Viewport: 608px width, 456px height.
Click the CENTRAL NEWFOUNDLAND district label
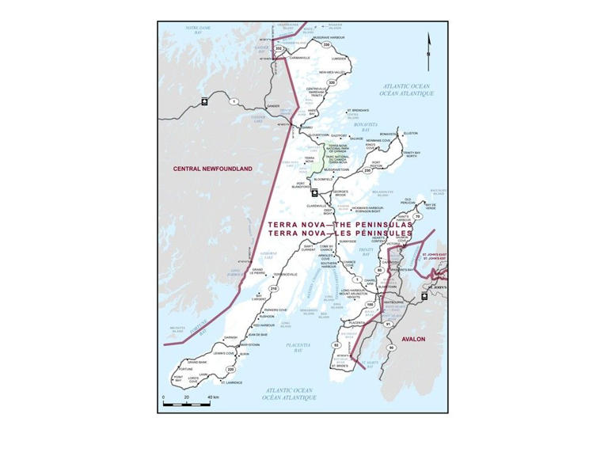click(213, 169)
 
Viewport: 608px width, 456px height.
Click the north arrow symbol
click(428, 47)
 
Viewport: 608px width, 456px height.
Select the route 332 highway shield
click(279, 48)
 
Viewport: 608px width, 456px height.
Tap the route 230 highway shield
click(367, 170)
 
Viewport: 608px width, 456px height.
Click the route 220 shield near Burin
click(231, 369)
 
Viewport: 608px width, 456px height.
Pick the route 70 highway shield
click(417, 216)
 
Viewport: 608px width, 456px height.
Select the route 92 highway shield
click(336, 346)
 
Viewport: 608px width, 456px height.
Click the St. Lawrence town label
click(231, 383)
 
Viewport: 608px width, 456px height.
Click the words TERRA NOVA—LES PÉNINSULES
click(340, 234)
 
